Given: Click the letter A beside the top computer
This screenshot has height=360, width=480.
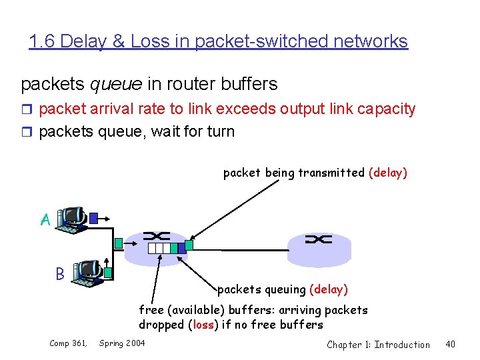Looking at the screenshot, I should pos(45,219).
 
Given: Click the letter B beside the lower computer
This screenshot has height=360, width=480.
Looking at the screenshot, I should pos(60,273).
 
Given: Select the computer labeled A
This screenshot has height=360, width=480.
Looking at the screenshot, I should pos(72,219).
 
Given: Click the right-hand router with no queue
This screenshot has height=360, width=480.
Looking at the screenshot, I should pos(319,249).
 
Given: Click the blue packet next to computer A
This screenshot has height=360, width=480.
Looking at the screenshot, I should pos(95,217).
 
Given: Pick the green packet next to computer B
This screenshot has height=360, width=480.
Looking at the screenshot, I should pos(108,271).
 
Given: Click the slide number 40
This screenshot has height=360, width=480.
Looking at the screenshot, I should pos(450,344).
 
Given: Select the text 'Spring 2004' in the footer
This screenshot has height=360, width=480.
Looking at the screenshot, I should pos(122,343).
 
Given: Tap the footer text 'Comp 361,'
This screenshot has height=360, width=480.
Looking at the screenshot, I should pos(68,343).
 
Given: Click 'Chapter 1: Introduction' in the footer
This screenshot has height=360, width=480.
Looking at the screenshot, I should pos(378,344).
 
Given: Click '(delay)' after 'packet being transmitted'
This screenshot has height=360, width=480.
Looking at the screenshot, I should pos(387,173).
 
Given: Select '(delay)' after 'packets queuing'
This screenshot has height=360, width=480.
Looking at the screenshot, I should pos(328,289).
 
